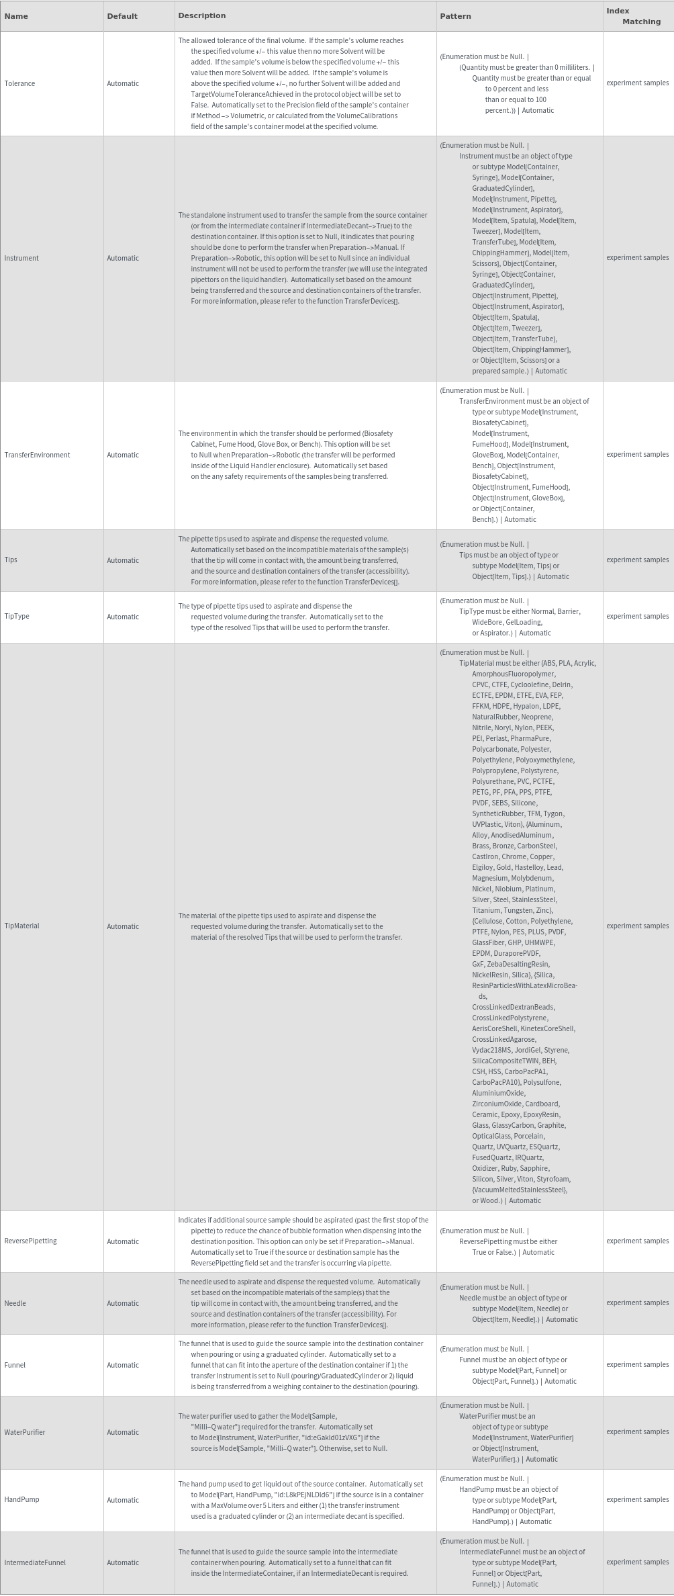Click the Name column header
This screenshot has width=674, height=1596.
16,16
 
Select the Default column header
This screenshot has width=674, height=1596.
122,16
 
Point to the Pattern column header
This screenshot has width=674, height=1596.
455,16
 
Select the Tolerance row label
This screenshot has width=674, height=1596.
19,83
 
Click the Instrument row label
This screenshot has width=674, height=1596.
21,258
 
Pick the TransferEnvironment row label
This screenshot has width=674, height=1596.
37,455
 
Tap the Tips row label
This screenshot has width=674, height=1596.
11,560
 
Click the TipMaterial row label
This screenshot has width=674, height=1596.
21,926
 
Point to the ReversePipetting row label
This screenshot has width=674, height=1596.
30,1241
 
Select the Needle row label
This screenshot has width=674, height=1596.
15,1302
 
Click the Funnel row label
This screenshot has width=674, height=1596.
15,1364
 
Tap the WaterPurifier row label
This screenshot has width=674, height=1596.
25,1431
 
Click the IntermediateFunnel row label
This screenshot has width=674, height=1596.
35,1562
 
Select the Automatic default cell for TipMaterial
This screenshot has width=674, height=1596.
123,926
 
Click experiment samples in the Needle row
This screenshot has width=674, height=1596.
637,1302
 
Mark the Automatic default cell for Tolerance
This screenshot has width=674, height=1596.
123,83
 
